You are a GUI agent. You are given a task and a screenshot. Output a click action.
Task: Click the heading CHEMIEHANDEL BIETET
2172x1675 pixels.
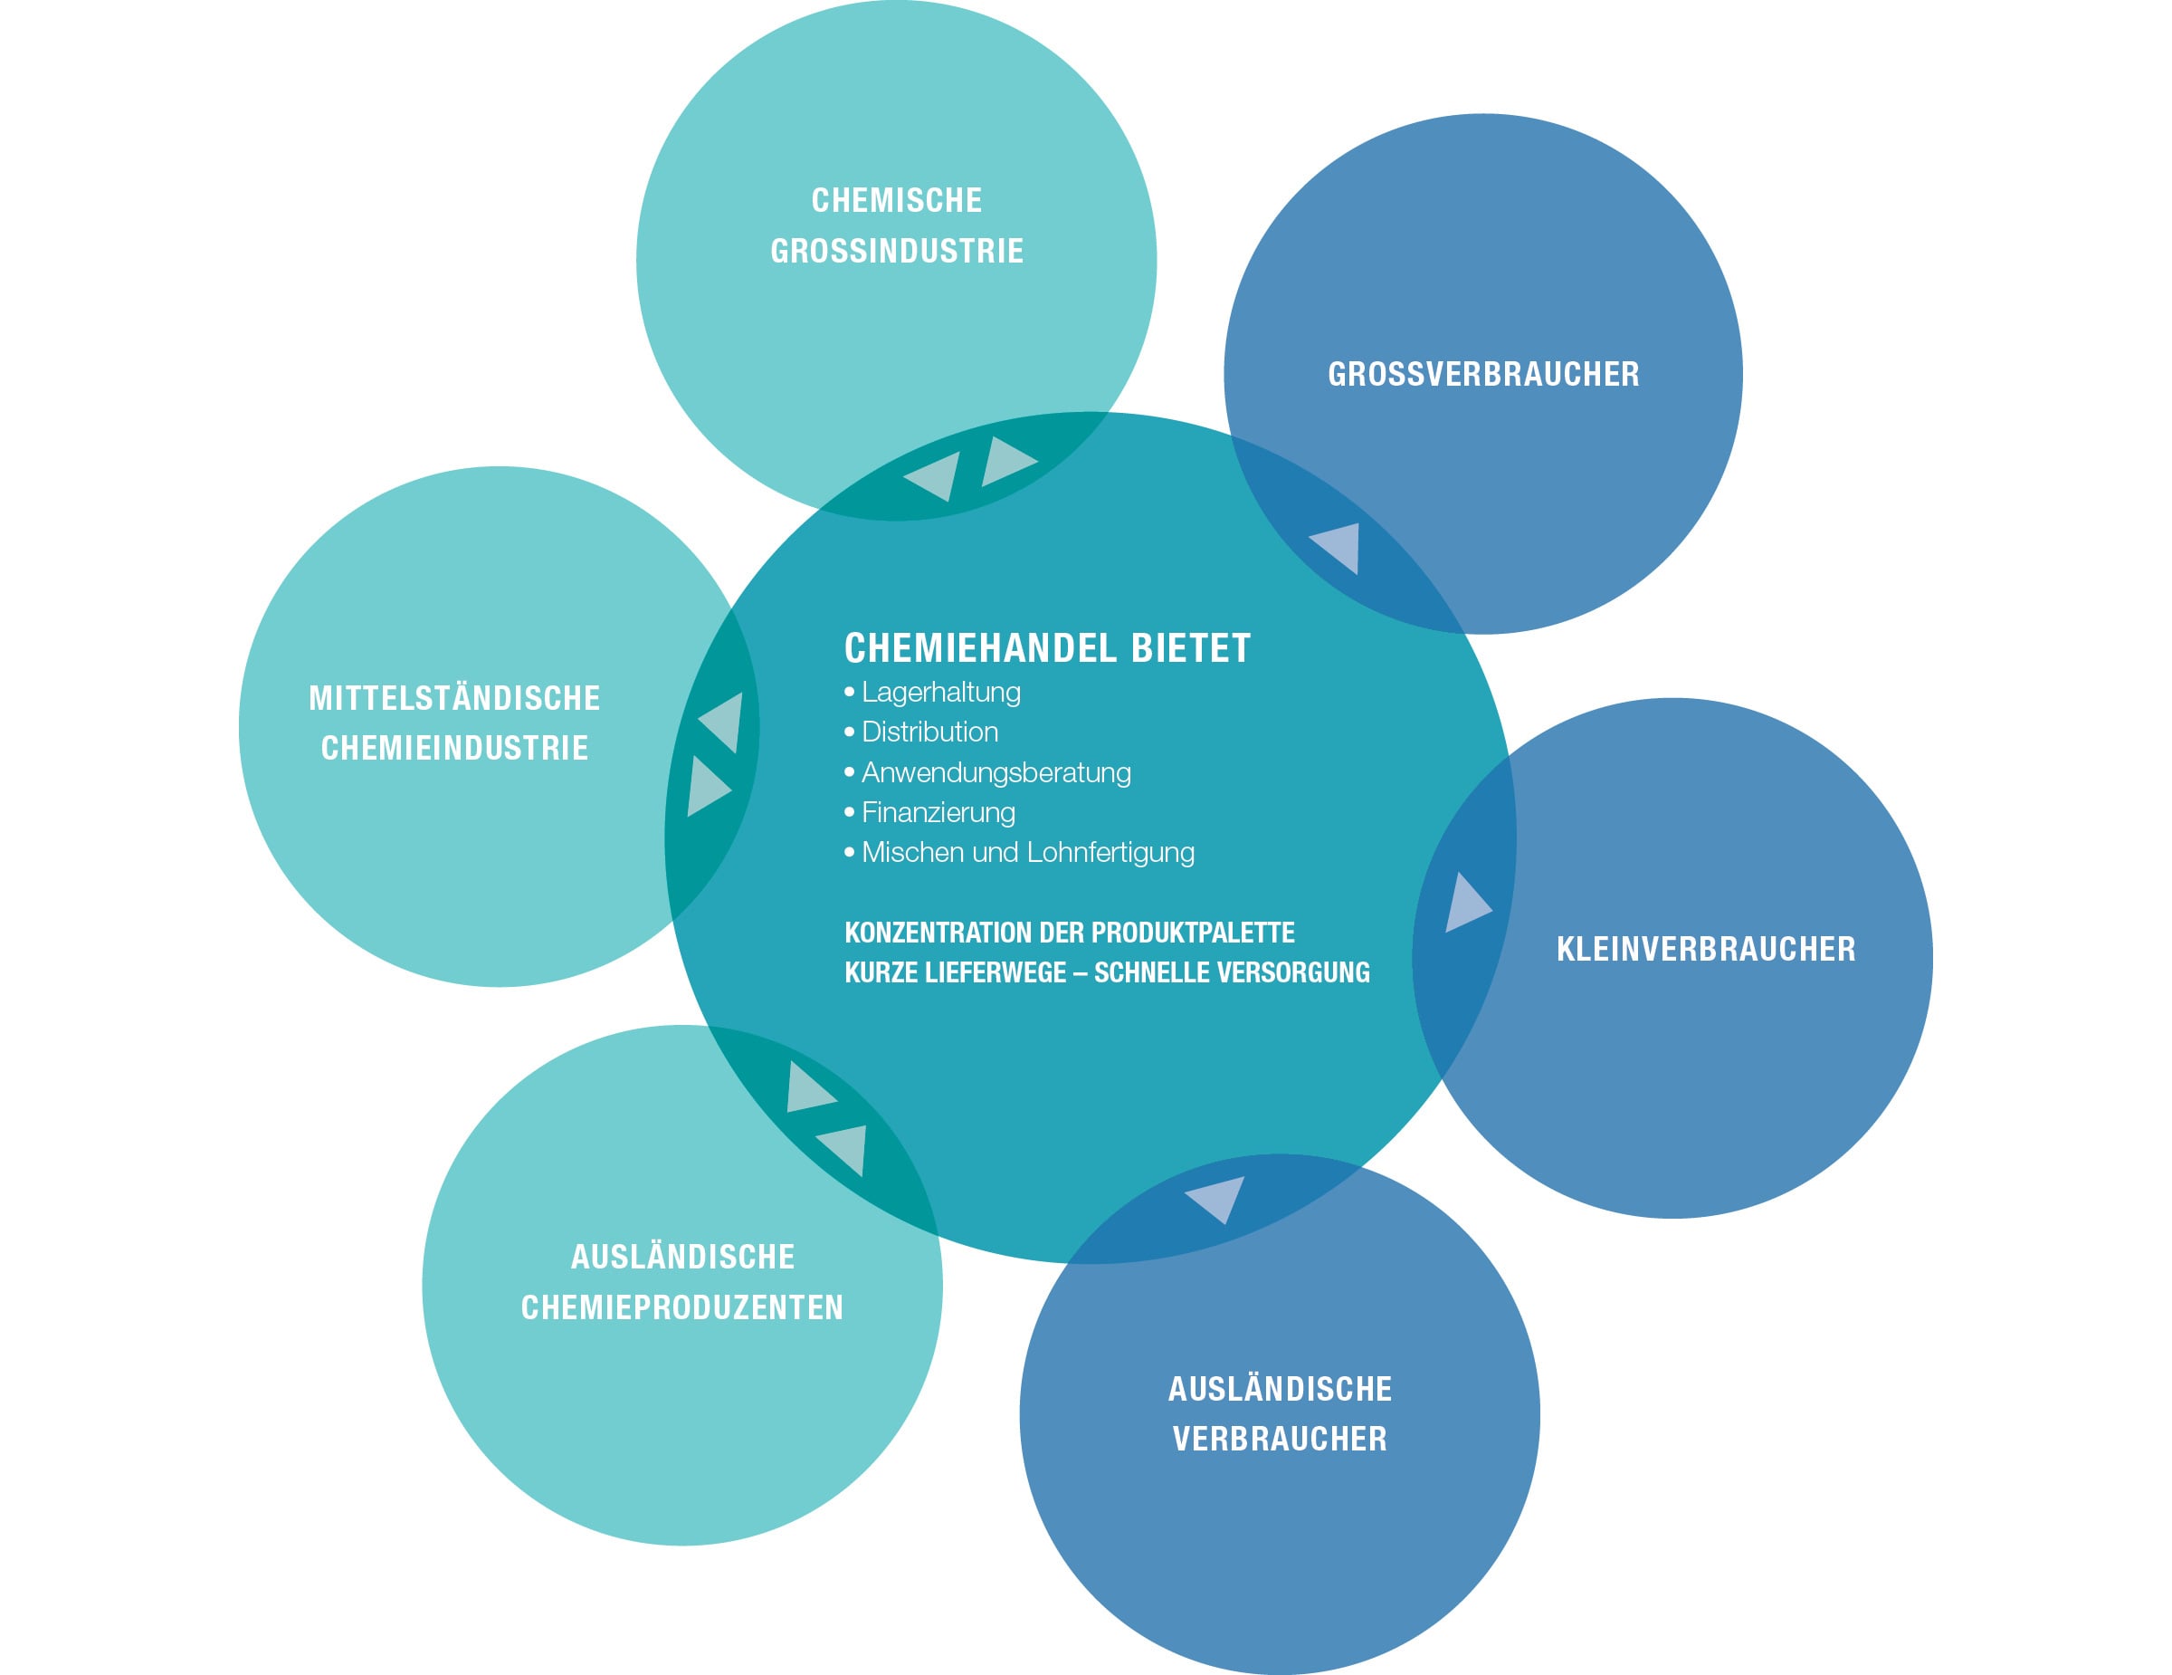click(x=1046, y=648)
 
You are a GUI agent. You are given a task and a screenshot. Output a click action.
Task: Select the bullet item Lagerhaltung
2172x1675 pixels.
click(x=939, y=693)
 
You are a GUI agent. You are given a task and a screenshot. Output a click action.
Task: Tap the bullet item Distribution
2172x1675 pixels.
click(x=929, y=732)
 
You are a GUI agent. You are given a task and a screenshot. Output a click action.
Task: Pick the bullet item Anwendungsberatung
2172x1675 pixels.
click(x=995, y=773)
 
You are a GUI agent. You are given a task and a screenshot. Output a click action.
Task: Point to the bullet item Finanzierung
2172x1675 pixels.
click(x=938, y=813)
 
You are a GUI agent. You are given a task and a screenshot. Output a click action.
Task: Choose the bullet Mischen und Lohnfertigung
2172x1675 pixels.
click(x=1027, y=852)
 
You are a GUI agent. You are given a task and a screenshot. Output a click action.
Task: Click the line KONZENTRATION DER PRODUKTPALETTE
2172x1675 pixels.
click(x=1069, y=933)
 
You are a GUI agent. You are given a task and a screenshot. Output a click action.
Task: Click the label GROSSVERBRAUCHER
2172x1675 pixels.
click(x=1482, y=375)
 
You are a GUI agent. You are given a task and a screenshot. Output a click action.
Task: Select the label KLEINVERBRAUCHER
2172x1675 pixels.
click(x=1706, y=950)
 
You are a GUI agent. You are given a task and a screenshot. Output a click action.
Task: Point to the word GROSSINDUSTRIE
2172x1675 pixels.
click(x=896, y=252)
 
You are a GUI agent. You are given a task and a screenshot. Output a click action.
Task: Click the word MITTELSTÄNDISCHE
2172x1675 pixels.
click(x=454, y=699)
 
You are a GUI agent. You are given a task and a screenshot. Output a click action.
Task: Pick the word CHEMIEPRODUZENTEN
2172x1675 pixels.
click(x=681, y=1308)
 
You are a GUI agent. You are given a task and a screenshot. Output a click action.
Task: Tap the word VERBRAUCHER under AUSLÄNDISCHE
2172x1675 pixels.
click(x=1279, y=1440)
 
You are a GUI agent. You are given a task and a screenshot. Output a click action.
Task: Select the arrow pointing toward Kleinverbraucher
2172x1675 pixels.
click(x=1465, y=904)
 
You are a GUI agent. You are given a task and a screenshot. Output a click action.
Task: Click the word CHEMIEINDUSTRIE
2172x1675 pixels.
click(x=454, y=749)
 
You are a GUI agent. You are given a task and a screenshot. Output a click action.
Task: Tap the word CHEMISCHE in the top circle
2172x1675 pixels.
click(x=896, y=201)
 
